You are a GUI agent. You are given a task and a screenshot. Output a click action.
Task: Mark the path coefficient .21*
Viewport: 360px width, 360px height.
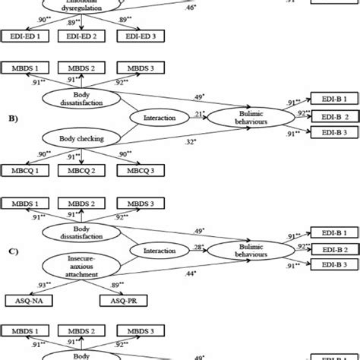pyautogui.click(x=199, y=113)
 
